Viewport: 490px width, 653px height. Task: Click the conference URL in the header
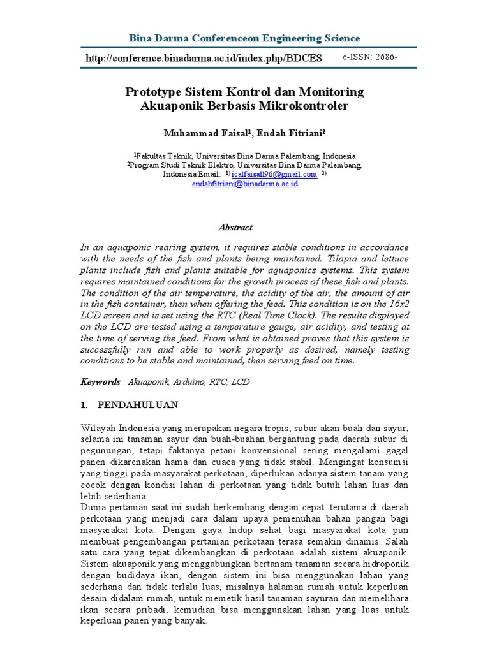[204, 59]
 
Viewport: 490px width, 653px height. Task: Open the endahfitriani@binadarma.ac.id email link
[244, 184]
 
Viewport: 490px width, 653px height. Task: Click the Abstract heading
[235, 227]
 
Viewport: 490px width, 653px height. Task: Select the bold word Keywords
[100, 381]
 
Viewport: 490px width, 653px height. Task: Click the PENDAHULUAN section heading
[138, 405]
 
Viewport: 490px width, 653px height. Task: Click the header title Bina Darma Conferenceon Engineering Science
[244, 38]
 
